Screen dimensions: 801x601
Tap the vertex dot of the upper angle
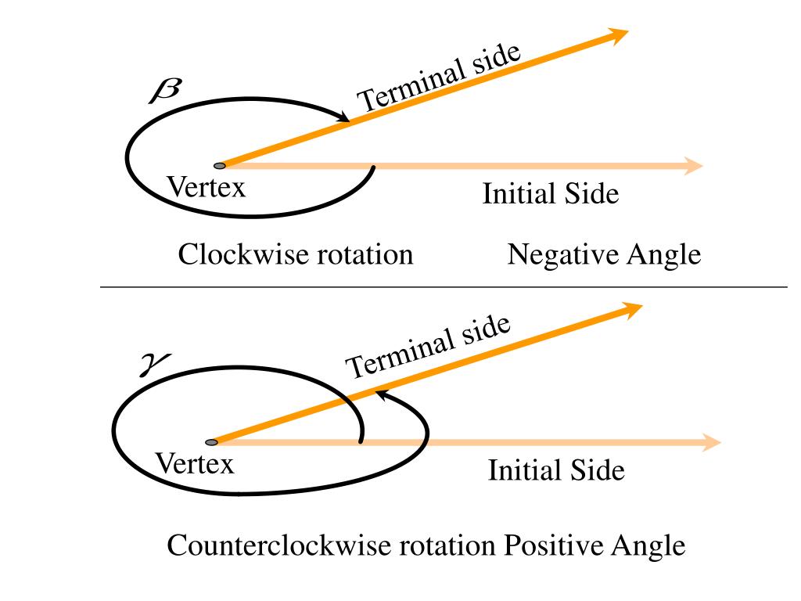click(220, 166)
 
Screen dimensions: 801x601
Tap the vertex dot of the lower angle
click(212, 443)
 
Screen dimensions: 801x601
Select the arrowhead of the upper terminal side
click(617, 34)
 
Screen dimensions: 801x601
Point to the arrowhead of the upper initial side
click(693, 165)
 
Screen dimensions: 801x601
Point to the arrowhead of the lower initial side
click(710, 442)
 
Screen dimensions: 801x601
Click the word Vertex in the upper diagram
click(207, 187)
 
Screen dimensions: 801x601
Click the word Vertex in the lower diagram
click(195, 464)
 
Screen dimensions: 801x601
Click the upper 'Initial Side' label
click(550, 193)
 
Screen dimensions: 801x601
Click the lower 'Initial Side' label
click(556, 470)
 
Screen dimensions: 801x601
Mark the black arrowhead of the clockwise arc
click(343, 118)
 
